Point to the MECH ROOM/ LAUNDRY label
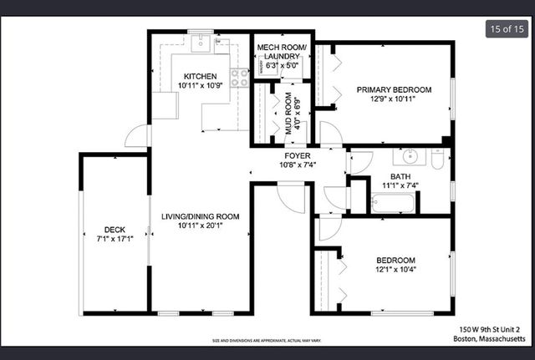click(282, 52)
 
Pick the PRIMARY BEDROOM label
click(394, 89)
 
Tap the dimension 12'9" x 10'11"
click(394, 100)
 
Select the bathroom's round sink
click(410, 156)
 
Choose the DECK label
click(115, 230)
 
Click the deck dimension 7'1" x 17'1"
click(115, 240)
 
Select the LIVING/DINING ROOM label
click(200, 216)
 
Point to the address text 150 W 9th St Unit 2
click(492, 329)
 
